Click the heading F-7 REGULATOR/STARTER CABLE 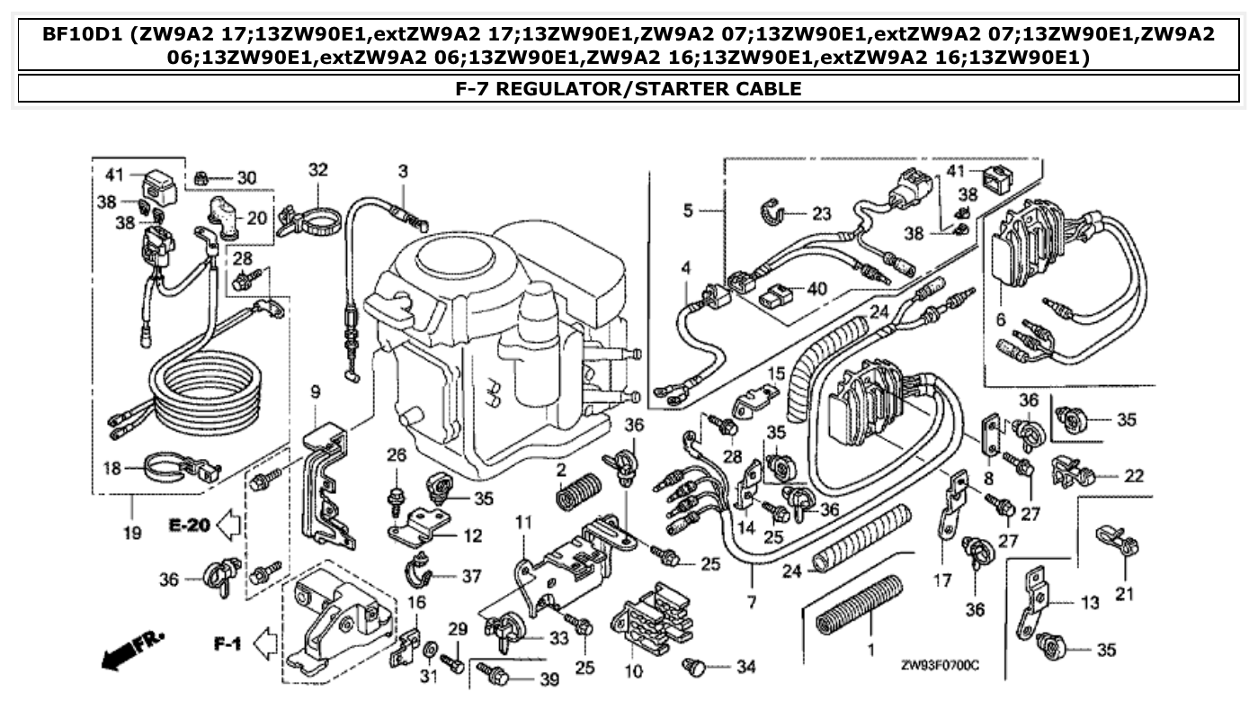pos(629,88)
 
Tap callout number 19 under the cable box pos(133,533)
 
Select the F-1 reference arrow pos(243,643)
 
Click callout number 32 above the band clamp pos(318,169)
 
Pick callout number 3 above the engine pos(403,170)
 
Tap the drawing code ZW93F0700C pos(940,665)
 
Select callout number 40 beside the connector pos(816,290)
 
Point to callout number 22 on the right pos(1134,474)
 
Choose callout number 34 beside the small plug pos(745,667)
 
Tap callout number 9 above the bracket pos(316,391)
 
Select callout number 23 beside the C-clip pos(822,214)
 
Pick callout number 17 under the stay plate pos(941,581)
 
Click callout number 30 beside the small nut pos(246,177)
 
